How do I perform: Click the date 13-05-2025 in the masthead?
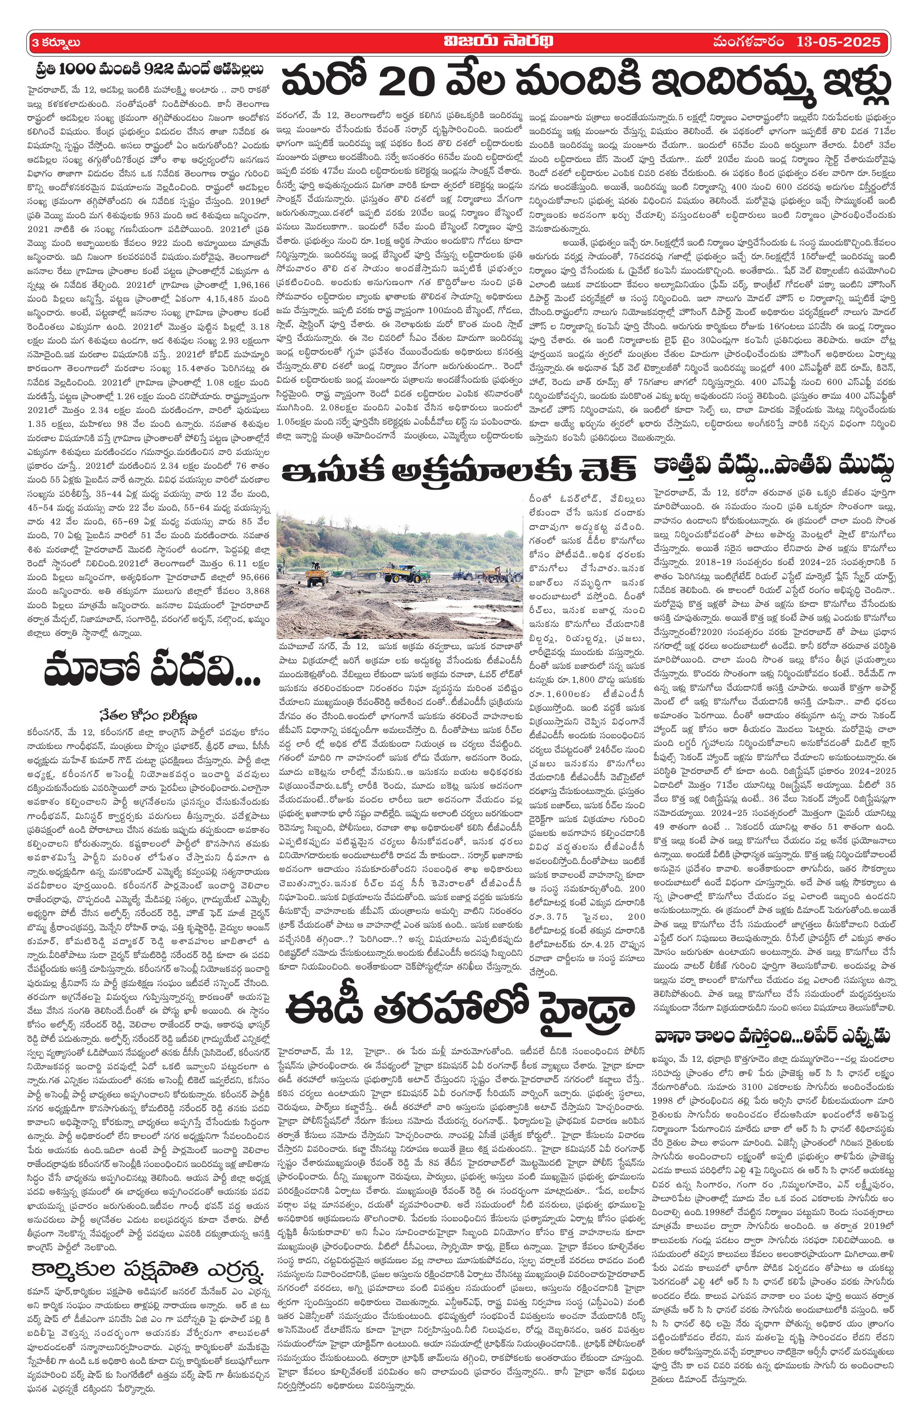[838, 42]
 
